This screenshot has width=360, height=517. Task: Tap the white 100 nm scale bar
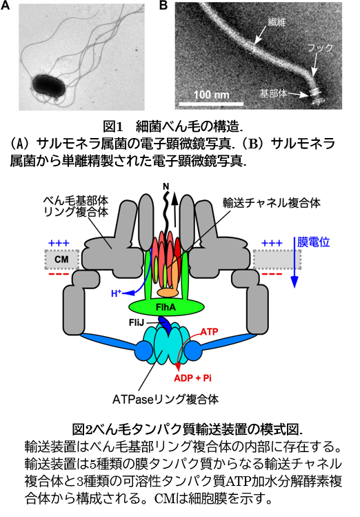coord(211,104)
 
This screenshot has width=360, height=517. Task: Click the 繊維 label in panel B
coord(277,22)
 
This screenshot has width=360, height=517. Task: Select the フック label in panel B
coord(320,48)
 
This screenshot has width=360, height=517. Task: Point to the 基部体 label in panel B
coord(273,94)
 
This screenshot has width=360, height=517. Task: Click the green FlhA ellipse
coord(166,307)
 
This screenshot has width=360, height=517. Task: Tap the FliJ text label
coord(137,322)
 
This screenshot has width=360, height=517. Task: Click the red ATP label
coord(210,331)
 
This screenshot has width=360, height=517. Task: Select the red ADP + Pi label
coord(192,378)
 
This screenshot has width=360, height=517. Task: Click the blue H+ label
coord(116,293)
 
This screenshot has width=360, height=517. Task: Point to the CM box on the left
coord(61,259)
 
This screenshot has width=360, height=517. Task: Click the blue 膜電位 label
coord(313,242)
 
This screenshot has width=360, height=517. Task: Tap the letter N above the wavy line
coord(166,187)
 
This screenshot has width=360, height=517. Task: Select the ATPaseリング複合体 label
coord(166,399)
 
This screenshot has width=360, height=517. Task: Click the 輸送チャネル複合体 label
coord(272,203)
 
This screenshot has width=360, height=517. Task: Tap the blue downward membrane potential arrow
coord(294,262)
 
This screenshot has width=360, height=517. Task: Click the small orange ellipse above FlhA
coord(168,293)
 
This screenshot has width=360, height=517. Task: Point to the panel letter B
coord(163,6)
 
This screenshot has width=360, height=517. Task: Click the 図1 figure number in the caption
coord(113,126)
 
